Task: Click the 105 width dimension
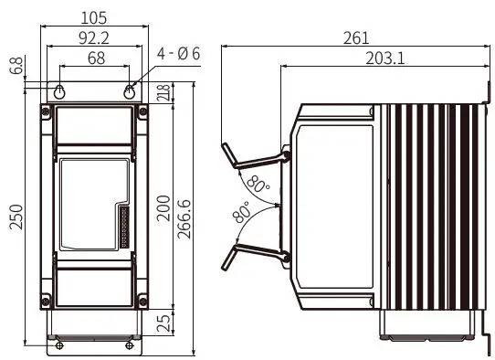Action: click(x=94, y=18)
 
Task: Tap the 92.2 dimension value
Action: click(x=94, y=38)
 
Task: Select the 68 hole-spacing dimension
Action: click(x=96, y=58)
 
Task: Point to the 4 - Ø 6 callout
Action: click(x=178, y=54)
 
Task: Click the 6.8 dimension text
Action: click(x=16, y=66)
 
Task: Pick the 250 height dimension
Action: click(x=16, y=217)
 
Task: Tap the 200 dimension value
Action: click(x=163, y=208)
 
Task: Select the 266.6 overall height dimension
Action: click(x=184, y=219)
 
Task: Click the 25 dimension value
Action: click(x=163, y=323)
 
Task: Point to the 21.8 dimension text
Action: click(x=165, y=92)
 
